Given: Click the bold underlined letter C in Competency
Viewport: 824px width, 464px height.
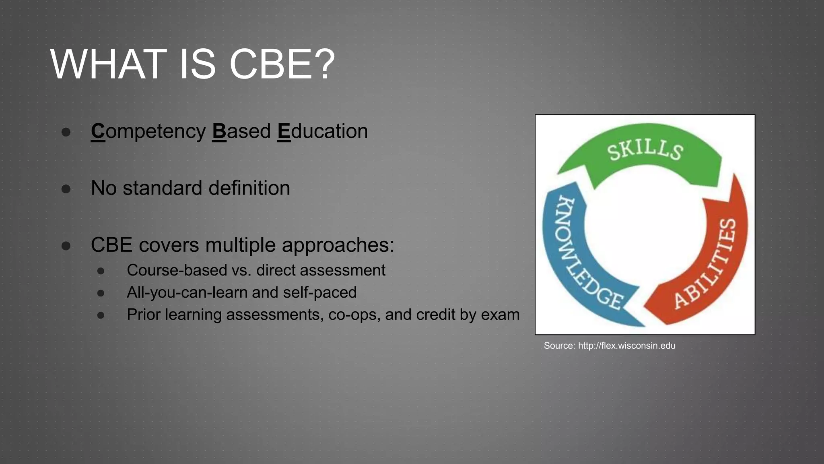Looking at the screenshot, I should click(98, 131).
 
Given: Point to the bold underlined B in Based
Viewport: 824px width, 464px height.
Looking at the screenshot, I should click(219, 131).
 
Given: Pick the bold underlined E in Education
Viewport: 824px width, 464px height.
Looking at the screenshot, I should click(284, 131).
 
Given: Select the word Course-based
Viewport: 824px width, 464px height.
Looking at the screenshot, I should click(177, 270).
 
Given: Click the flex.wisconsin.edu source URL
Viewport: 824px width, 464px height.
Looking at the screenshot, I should click(626, 346).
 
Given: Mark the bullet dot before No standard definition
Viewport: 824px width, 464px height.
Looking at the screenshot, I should click(66, 188).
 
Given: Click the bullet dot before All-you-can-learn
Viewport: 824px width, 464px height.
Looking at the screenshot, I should click(101, 293).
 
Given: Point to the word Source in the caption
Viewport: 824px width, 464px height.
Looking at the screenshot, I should click(559, 346).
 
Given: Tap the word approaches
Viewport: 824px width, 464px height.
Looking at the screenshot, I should click(338, 245).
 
